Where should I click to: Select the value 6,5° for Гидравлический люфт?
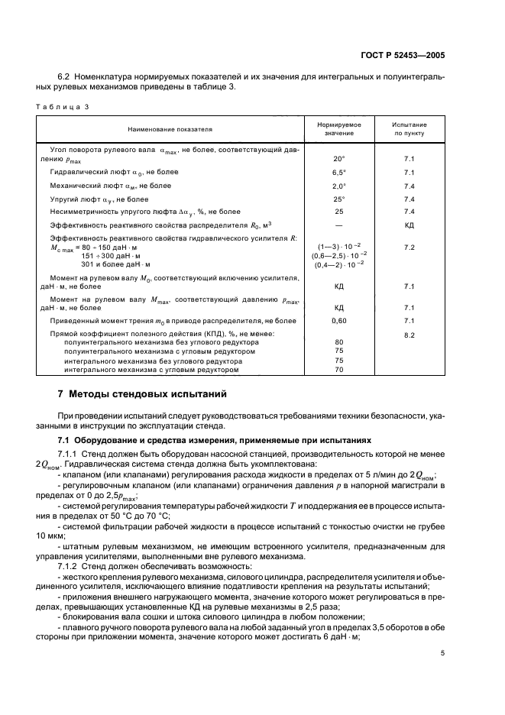(x=339, y=173)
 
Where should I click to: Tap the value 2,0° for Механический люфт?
(x=339, y=186)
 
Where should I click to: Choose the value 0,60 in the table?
(x=339, y=322)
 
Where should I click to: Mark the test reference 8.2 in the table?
(x=409, y=335)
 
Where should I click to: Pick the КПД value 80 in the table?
(x=339, y=342)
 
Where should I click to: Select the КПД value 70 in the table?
(x=339, y=370)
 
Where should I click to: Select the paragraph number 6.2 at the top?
(x=63, y=77)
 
